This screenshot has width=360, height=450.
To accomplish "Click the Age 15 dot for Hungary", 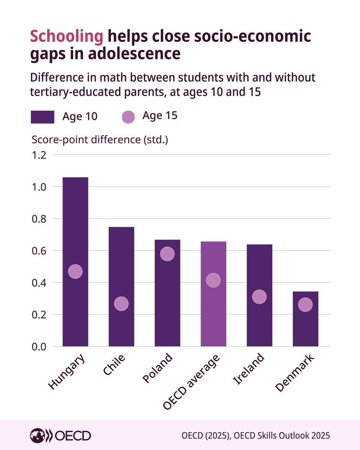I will [75, 271].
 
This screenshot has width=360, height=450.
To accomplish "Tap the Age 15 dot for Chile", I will [121, 303].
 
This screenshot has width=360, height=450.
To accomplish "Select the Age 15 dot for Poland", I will [167, 254].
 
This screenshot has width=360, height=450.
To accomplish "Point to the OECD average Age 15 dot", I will [214, 280].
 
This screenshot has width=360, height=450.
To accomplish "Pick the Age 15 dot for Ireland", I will [259, 297].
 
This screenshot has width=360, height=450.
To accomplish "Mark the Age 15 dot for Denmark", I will [305, 305].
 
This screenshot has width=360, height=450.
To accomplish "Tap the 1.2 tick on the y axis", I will [39, 155].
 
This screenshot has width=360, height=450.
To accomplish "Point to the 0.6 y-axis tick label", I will [39, 250].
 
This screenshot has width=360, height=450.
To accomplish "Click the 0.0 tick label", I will [39, 346].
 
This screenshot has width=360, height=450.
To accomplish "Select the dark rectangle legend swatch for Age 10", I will [42, 116].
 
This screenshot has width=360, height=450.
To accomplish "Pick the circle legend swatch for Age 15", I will [128, 116].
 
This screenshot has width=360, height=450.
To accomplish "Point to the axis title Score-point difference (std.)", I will [100, 139].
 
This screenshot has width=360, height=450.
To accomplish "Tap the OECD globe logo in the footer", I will [37, 435].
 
